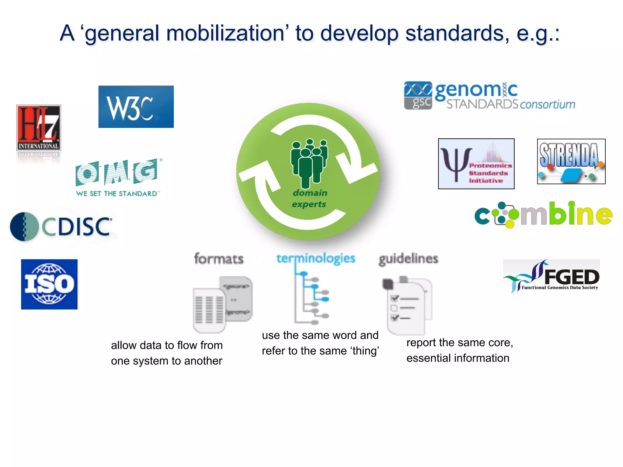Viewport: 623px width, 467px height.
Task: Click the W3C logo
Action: (136, 107)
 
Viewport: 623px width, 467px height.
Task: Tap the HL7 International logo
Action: (39, 128)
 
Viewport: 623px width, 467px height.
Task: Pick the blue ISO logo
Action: (49, 284)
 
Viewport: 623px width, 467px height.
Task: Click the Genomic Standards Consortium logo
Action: (489, 96)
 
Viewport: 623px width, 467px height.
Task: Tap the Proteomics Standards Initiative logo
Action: (476, 164)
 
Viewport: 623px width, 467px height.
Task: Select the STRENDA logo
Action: (571, 161)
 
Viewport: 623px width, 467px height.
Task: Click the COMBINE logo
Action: (543, 215)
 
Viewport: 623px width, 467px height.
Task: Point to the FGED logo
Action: (552, 276)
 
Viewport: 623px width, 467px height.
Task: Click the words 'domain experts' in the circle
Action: (310, 199)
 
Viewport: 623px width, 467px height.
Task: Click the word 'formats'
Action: (219, 259)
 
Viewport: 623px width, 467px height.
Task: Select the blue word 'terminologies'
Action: (315, 258)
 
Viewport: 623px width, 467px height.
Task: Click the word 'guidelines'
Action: (408, 259)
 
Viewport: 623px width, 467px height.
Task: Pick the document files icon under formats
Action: (223, 304)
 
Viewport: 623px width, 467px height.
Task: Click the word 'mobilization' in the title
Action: (225, 33)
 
